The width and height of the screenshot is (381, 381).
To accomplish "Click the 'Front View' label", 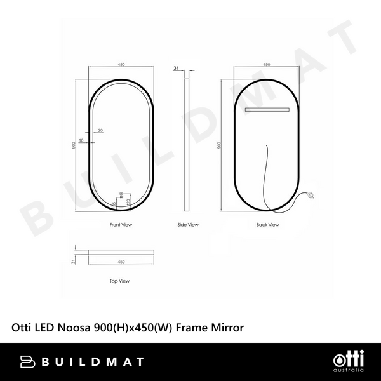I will [120, 225].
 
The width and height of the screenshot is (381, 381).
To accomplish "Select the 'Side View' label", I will [188, 225].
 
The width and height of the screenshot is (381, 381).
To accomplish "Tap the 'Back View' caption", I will [267, 225].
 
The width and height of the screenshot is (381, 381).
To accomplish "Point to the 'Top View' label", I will [119, 280].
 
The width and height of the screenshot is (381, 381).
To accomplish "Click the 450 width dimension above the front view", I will [121, 64].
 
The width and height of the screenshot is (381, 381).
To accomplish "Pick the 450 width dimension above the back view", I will [267, 64].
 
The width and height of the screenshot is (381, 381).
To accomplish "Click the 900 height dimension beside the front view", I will [74, 145].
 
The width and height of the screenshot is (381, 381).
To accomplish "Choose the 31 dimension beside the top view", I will [74, 260].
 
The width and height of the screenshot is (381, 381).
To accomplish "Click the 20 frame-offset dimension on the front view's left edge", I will [101, 130].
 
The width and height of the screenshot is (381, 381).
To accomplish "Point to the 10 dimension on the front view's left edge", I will [81, 140].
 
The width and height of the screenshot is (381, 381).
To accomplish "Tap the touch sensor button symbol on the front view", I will [120, 196].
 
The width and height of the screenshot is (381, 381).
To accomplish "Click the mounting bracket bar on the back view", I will [267, 110].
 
